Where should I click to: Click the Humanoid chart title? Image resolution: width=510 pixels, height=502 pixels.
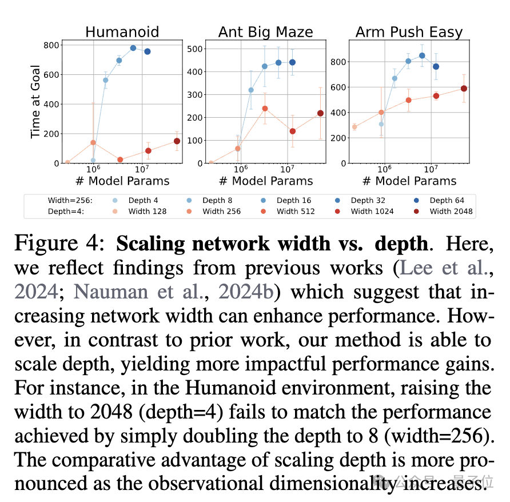122,31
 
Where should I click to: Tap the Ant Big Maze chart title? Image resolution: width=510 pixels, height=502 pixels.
265,31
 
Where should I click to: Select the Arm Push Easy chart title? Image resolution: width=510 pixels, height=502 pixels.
409,31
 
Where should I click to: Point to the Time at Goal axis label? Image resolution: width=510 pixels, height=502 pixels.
35,102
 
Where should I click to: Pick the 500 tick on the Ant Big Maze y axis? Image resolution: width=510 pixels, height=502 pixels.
195,49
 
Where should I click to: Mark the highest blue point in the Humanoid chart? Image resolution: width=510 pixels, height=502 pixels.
133,48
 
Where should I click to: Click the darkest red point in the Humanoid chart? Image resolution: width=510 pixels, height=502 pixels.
177,141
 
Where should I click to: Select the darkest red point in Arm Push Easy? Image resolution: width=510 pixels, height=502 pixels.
464,89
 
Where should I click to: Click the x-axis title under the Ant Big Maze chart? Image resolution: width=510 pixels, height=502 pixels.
266,181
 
